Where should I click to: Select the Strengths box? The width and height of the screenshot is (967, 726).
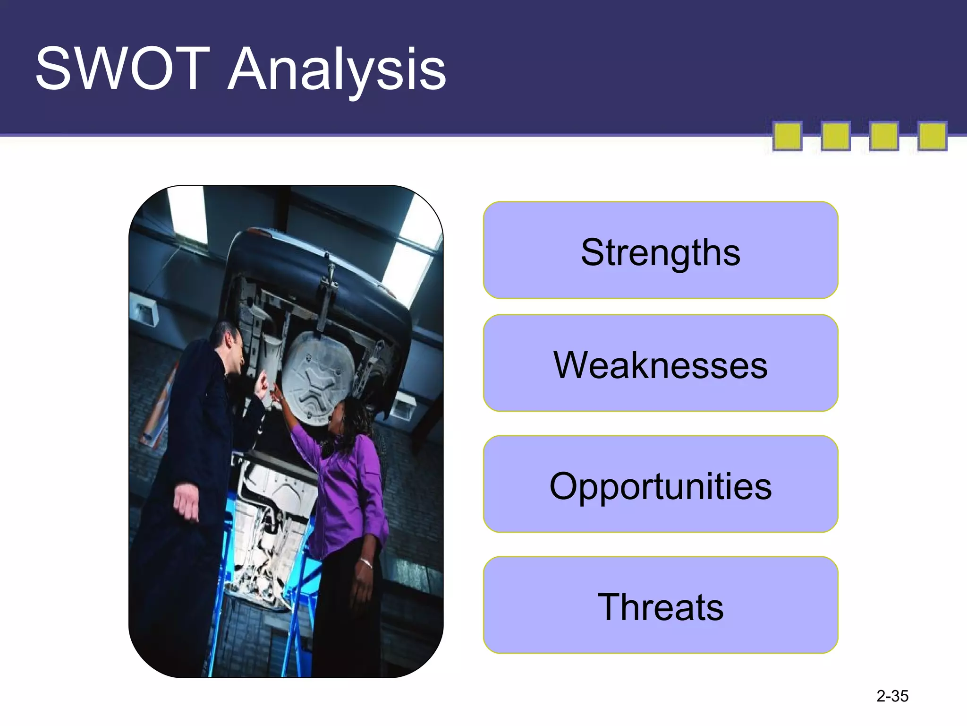coord(660,251)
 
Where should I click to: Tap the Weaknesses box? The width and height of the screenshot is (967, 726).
coord(660,363)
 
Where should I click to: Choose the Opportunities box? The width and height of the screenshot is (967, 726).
coord(660,484)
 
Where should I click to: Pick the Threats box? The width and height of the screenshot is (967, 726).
coord(660,605)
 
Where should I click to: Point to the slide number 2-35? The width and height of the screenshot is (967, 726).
coord(892,696)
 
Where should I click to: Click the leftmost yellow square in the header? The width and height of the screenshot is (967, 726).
coord(787,137)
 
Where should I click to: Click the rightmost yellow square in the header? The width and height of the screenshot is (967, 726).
coord(932,137)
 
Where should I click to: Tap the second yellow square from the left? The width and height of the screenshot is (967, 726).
coord(835,137)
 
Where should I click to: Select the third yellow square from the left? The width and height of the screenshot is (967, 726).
coord(883,137)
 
